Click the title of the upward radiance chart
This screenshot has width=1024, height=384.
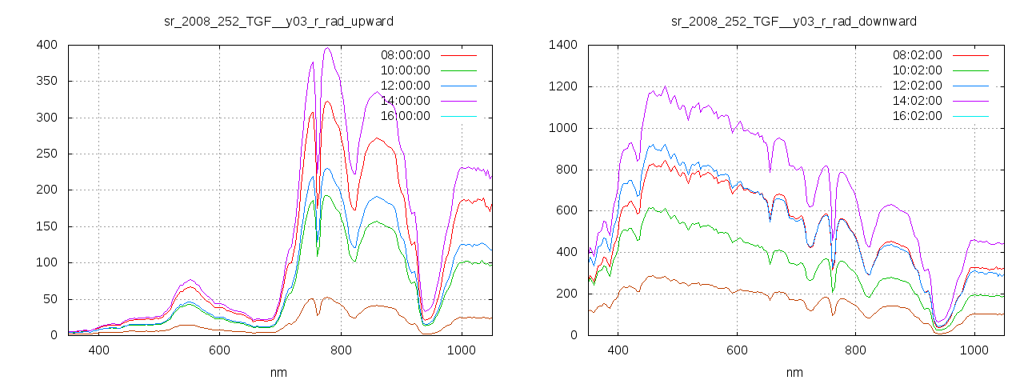pos(278,21)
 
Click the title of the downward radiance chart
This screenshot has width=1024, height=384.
pos(794,21)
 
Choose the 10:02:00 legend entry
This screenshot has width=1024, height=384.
pos(917,70)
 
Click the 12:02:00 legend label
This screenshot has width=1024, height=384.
pos(917,86)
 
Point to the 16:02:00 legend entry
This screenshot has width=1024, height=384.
pos(917,116)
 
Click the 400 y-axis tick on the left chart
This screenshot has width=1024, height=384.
pos(46,46)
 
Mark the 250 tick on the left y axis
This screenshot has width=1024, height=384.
pos(46,154)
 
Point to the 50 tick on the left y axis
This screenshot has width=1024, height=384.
pos(49,299)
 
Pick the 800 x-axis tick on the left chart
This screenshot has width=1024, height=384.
pos(341,350)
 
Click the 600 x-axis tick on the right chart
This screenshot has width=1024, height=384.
pos(737,350)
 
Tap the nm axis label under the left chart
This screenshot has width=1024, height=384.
pos(278,372)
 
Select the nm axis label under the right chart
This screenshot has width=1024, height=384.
pos(794,372)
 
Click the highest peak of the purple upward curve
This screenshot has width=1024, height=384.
pos(327,48)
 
